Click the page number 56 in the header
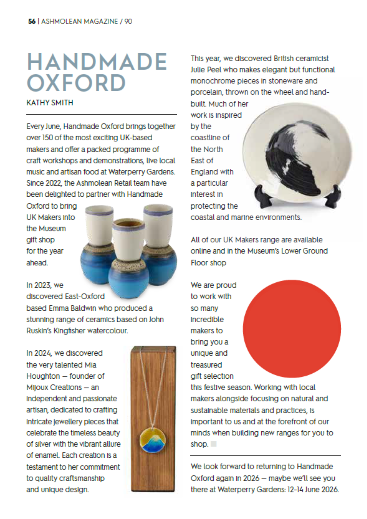coord(32,21)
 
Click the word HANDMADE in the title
coord(97,62)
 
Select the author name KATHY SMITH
coord(50,103)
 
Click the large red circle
coord(292,329)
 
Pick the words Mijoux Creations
coord(54,387)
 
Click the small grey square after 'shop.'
coord(214,444)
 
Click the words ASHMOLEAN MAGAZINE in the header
coord(79,21)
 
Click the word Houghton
coord(43,376)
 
